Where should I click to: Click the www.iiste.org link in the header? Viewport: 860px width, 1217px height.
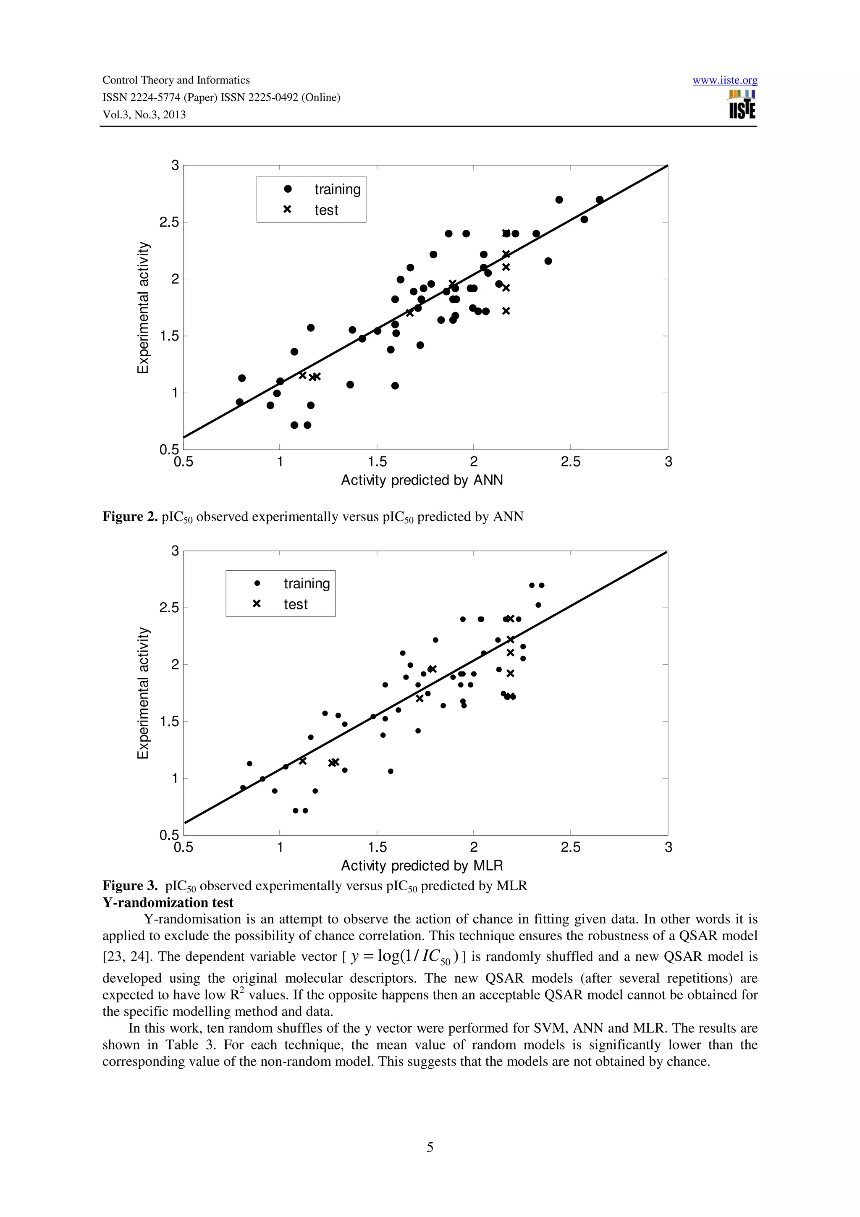(724, 81)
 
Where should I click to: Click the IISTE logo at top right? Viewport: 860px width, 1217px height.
(742, 105)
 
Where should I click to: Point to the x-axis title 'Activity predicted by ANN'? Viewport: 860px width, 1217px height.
(422, 480)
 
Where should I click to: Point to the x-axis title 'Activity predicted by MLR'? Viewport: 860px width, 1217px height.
(422, 866)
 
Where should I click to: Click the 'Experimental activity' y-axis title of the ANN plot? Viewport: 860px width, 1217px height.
(143, 307)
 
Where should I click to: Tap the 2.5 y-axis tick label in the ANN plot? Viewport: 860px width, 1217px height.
(169, 223)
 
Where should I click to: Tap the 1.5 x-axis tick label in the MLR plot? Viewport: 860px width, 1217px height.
(377, 847)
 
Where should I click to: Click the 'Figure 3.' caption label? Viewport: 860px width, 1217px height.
(130, 886)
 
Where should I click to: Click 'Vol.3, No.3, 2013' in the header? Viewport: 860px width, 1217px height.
(144, 115)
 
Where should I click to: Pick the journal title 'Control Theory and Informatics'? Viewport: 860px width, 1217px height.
(176, 81)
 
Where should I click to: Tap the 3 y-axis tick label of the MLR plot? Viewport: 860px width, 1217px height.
(175, 551)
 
